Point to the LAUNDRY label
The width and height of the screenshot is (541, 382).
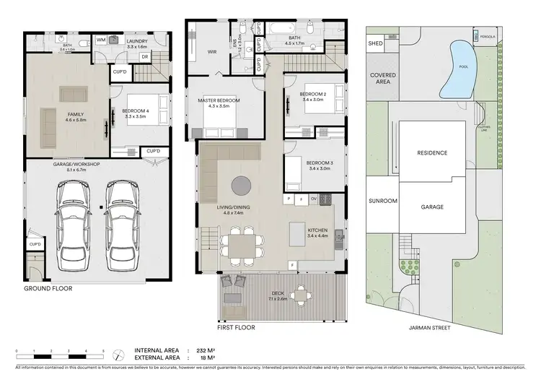click(136, 41)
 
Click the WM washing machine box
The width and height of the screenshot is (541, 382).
click(101, 39)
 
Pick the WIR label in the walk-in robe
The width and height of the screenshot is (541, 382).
click(212, 51)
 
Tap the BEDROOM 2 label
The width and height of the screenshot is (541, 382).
click(314, 95)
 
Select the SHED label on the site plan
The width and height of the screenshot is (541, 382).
click(375, 43)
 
